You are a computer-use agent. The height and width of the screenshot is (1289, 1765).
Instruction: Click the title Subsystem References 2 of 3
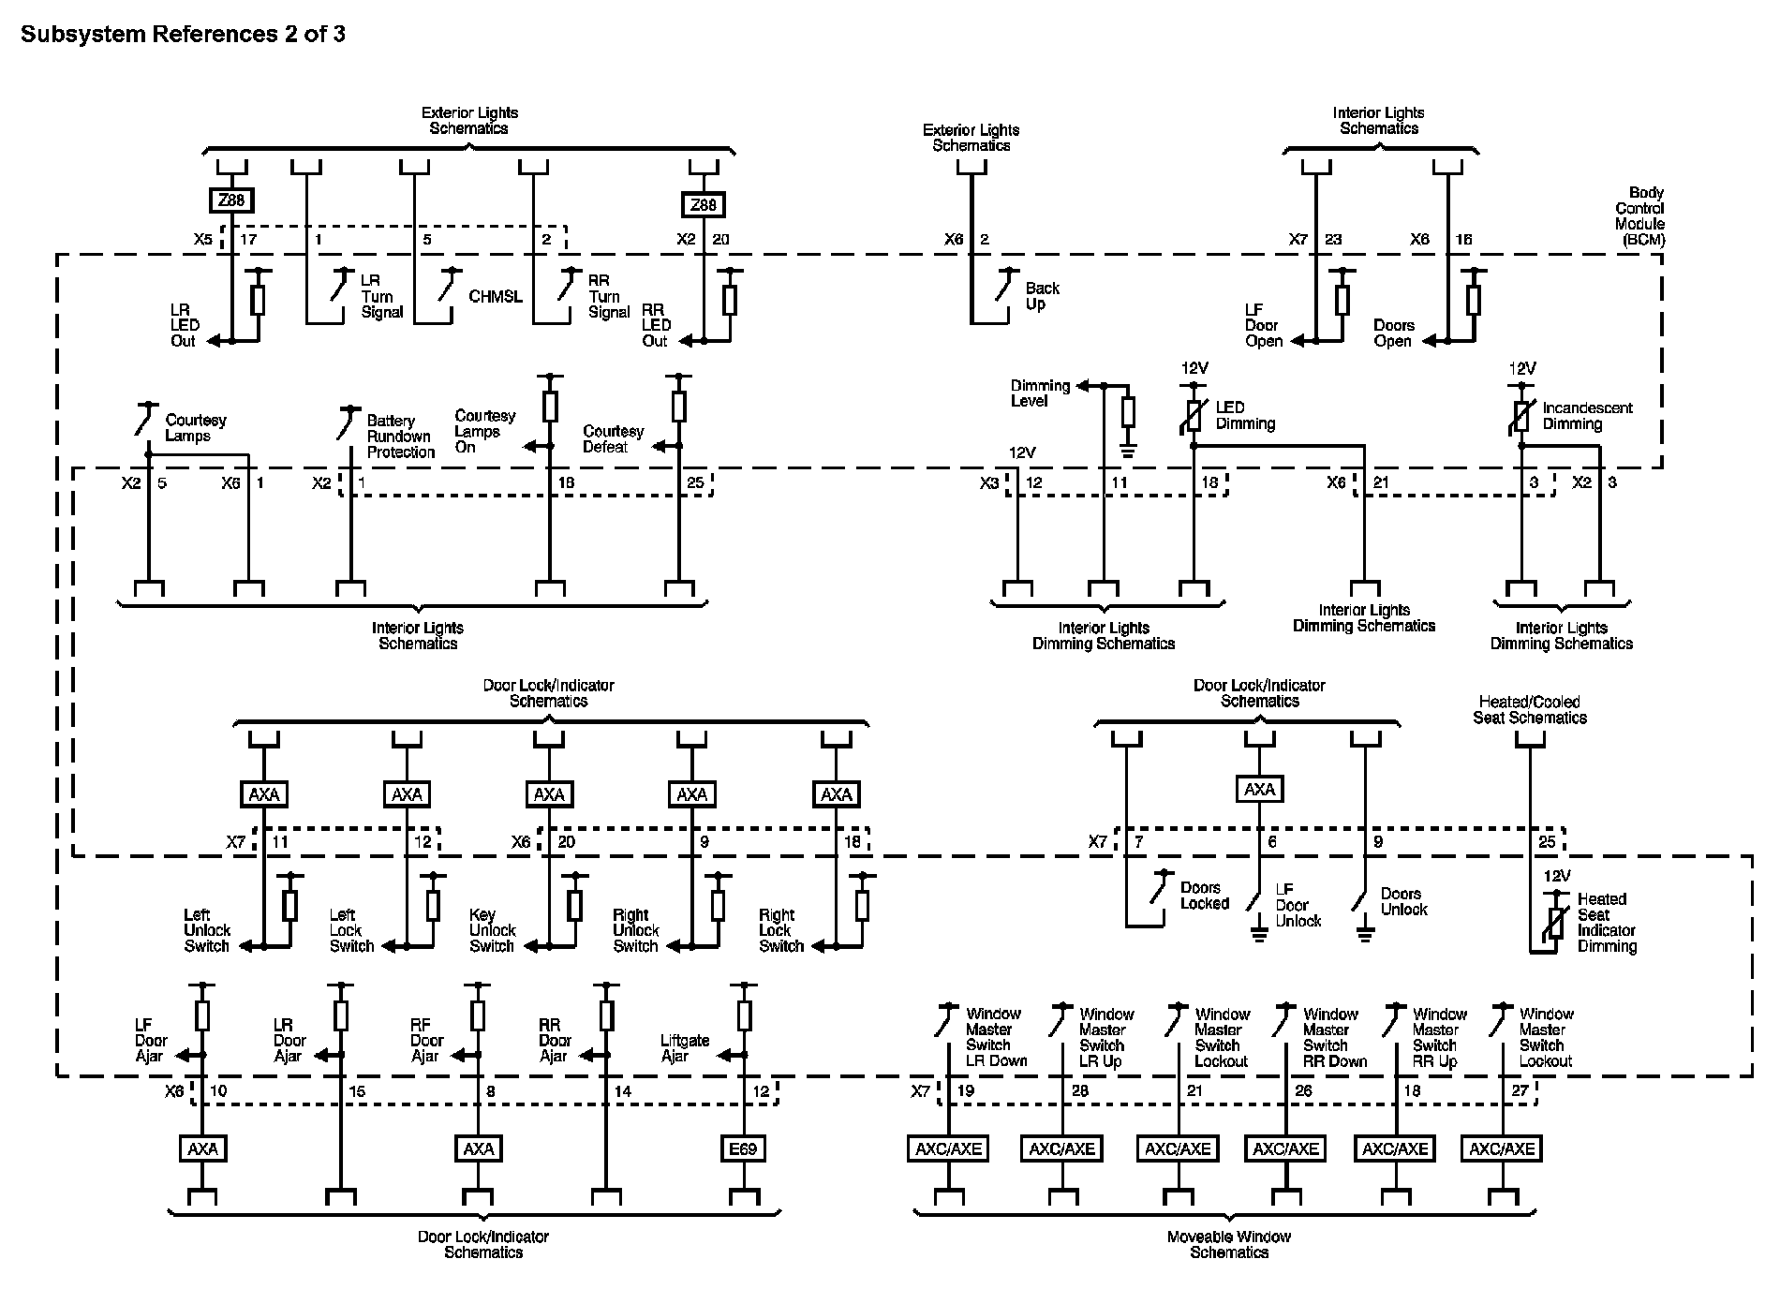[184, 35]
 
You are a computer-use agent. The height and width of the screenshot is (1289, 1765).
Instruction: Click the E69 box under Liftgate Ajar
[743, 1148]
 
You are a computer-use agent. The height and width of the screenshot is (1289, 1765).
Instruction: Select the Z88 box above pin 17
[230, 200]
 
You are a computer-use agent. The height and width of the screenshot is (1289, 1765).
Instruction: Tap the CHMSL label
[496, 297]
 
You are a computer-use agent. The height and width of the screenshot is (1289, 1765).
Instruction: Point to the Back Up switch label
[1042, 296]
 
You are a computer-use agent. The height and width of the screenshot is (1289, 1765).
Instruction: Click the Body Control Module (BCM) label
[1639, 216]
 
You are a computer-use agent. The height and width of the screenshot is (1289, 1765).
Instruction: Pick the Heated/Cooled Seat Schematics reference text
[1530, 710]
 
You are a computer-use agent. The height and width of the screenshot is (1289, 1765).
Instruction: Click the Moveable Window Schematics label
[1229, 1244]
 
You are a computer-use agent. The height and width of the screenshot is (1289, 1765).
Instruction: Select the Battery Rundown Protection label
[400, 437]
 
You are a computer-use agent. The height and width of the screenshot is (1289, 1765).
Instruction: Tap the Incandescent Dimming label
[1587, 416]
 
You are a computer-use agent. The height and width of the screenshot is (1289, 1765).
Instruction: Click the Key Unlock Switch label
[493, 930]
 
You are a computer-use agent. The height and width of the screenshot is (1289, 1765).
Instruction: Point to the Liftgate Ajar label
[685, 1048]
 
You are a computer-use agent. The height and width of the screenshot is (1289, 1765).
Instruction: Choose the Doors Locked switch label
[1205, 896]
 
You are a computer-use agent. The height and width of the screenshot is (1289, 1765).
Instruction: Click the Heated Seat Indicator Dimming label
[1607, 923]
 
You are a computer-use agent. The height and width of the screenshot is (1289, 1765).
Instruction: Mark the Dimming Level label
[1040, 393]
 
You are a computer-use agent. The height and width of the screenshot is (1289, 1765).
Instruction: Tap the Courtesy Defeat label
[614, 439]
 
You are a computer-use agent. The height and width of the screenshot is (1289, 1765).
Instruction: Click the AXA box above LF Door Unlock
[1260, 790]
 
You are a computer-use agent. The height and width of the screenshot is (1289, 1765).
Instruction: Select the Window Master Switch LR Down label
[997, 1038]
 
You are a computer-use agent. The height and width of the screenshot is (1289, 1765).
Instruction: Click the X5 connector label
[203, 240]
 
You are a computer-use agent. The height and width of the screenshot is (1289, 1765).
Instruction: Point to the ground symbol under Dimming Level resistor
[1128, 452]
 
